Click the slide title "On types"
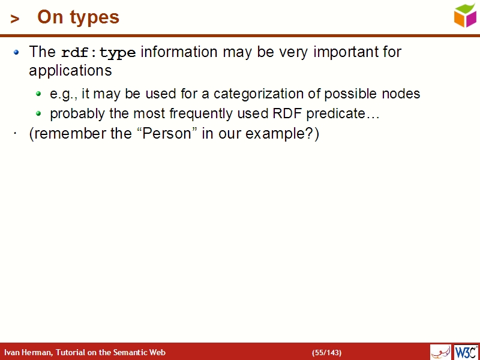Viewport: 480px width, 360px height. pyautogui.click(x=78, y=17)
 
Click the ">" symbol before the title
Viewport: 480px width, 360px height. pyautogui.click(x=15, y=19)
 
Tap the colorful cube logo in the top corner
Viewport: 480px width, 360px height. pyautogui.click(x=465, y=16)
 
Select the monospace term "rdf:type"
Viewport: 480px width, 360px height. pyautogui.click(x=98, y=53)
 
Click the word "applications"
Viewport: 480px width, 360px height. pyautogui.click(x=70, y=71)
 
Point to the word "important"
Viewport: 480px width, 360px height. pyautogui.click(x=340, y=52)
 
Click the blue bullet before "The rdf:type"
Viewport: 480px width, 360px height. pyautogui.click(x=17, y=52)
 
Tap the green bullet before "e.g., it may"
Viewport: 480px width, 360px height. pyautogui.click(x=38, y=94)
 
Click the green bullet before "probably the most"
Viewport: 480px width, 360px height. pyautogui.click(x=38, y=113)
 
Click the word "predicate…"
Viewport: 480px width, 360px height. pyautogui.click(x=343, y=114)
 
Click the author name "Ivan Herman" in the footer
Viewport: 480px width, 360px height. pyautogui.click(x=27, y=352)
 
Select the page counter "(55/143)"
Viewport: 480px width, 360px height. pyautogui.click(x=326, y=352)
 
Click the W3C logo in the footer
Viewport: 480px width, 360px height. pyautogui.click(x=466, y=352)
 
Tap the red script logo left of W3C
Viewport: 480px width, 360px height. pyautogui.click(x=440, y=352)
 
